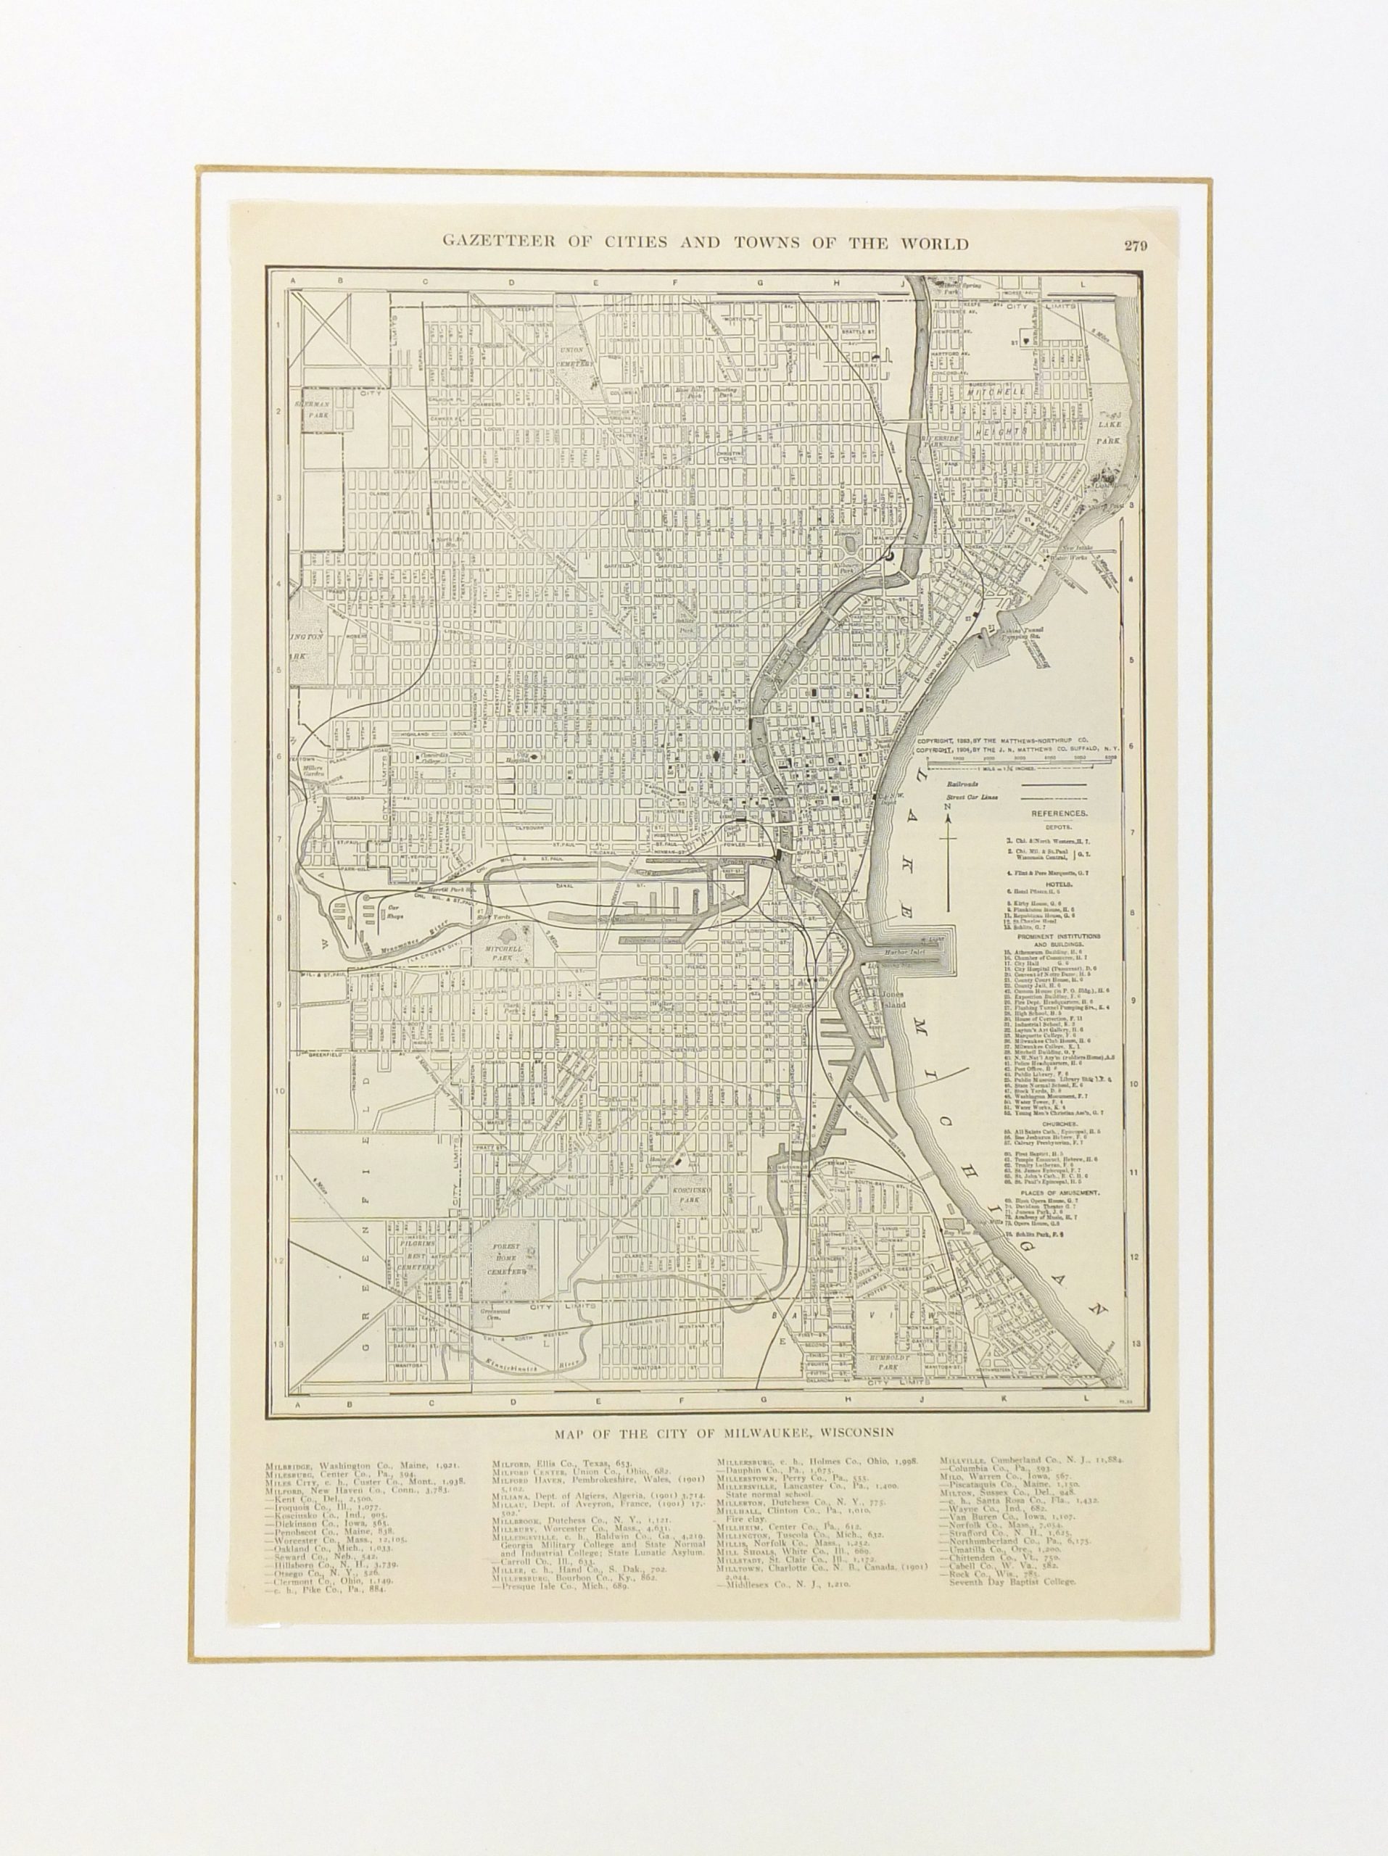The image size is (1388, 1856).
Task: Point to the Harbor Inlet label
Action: [899, 953]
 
